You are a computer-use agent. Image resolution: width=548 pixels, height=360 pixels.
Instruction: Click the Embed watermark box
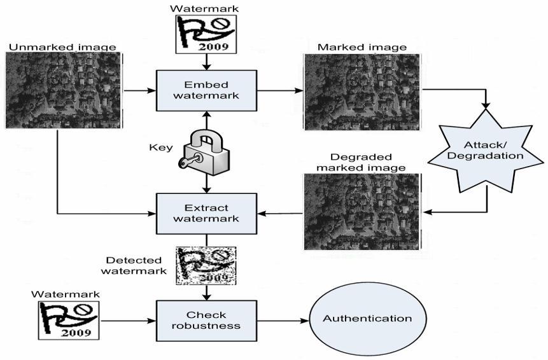tap(206, 90)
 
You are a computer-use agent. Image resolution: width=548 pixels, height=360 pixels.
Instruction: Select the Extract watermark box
tap(206, 213)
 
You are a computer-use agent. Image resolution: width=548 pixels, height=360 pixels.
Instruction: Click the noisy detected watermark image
tap(206, 265)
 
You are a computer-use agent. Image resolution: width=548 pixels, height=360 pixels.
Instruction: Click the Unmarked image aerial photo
tap(62, 90)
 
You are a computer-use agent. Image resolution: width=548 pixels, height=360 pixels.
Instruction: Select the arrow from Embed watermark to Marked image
tap(280, 90)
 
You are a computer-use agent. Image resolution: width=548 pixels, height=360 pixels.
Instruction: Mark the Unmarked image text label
tap(62, 46)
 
